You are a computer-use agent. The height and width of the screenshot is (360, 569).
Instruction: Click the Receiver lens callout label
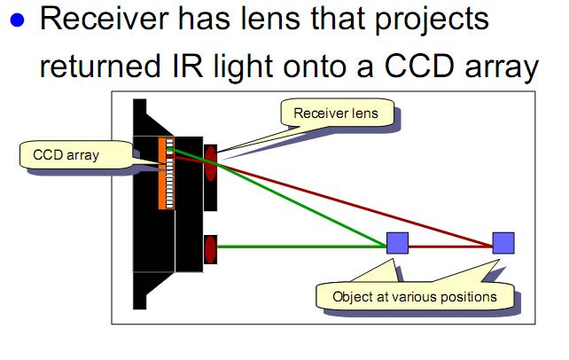[335, 113]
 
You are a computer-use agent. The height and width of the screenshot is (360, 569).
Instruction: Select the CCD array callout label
[66, 156]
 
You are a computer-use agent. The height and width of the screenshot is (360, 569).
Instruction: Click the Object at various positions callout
[414, 296]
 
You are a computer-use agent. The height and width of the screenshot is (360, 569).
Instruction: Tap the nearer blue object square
[395, 242]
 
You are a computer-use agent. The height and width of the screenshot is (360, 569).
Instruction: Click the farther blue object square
[503, 242]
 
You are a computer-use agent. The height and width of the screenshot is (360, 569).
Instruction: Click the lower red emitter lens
[211, 249]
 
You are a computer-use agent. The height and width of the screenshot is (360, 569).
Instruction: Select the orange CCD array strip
[165, 173]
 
